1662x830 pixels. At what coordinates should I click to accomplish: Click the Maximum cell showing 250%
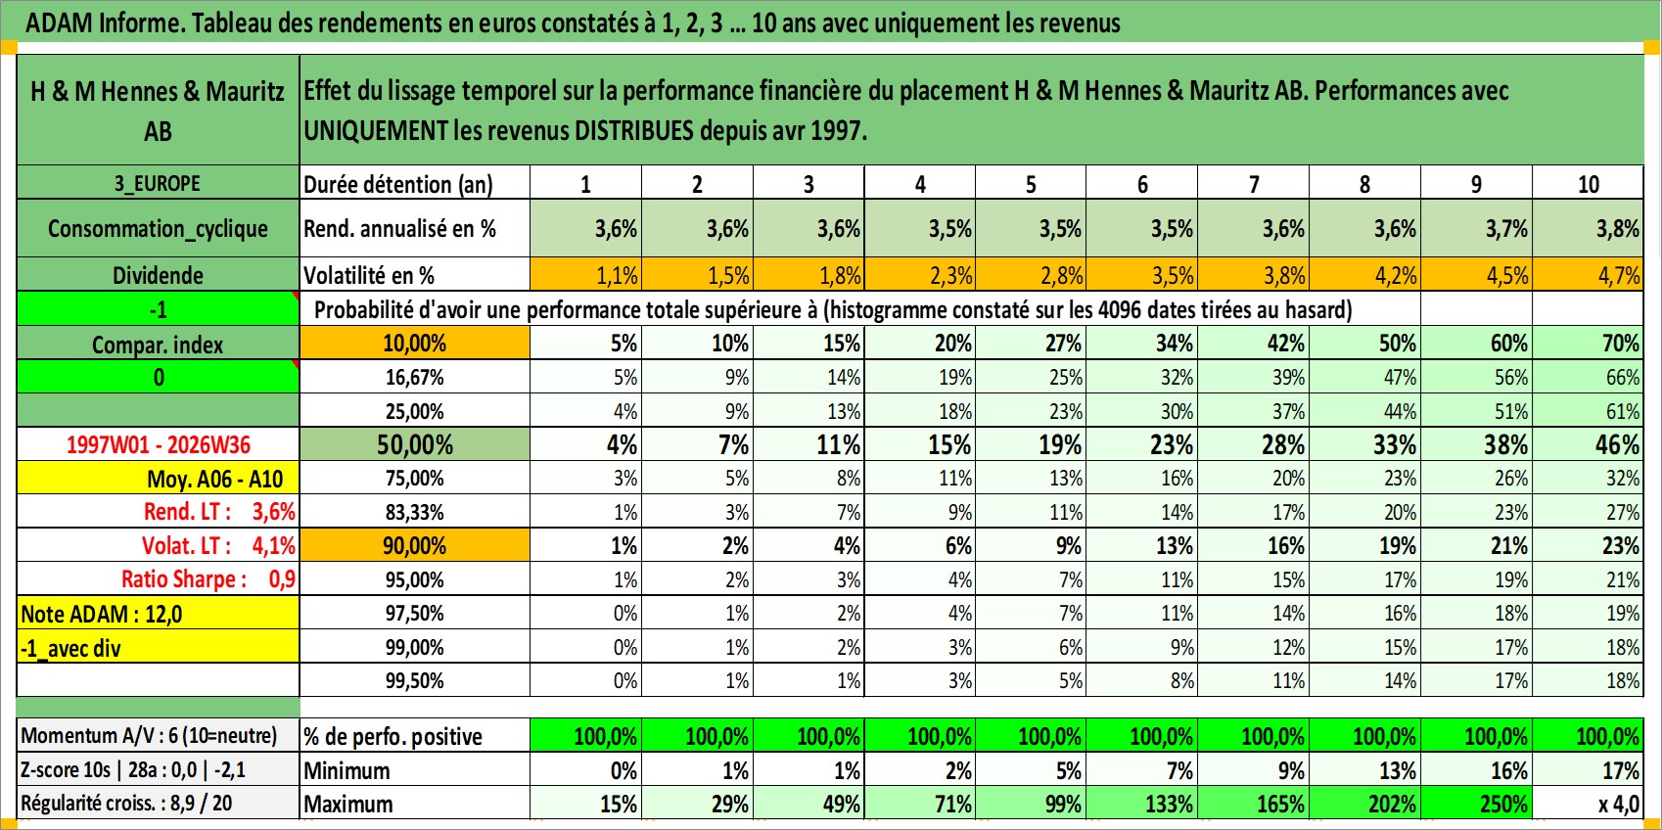point(1476,804)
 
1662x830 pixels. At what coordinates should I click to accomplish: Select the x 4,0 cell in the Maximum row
point(1588,804)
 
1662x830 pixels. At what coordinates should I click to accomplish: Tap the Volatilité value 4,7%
point(1588,275)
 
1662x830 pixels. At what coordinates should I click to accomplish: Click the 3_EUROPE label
point(158,183)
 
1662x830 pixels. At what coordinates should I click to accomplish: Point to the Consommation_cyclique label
point(158,228)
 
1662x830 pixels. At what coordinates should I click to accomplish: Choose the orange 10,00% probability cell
point(415,344)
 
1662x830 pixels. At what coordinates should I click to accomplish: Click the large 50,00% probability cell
point(415,444)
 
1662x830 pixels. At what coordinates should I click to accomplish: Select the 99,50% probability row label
point(415,680)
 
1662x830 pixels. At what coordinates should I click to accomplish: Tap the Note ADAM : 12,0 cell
point(158,614)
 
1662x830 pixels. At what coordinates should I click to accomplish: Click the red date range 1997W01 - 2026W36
point(158,444)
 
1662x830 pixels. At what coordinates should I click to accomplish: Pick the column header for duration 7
point(1254,183)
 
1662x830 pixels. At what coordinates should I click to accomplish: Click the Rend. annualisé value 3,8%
point(1588,228)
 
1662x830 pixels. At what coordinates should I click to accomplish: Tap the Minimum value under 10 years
point(1588,770)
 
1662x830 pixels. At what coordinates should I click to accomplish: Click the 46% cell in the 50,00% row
point(1588,444)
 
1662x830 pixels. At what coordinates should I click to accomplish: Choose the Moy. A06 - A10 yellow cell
point(158,479)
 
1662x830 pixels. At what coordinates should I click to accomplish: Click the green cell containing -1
point(158,309)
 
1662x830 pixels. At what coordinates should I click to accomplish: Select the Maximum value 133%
point(1142,804)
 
